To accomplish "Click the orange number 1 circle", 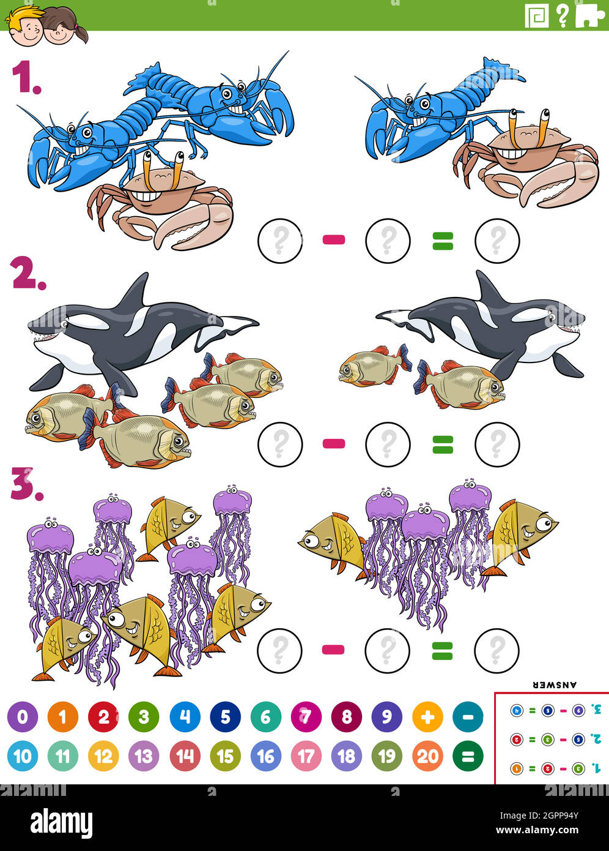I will (63, 716).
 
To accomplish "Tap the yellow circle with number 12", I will (103, 756).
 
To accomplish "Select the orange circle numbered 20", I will (427, 756).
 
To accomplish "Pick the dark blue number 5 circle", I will (225, 716).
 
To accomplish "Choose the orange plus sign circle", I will (427, 716).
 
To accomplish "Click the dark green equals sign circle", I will (468, 756).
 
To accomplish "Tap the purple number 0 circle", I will (23, 716).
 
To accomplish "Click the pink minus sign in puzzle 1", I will (334, 240).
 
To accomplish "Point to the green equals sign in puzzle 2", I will (443, 444).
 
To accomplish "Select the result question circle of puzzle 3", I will (496, 650).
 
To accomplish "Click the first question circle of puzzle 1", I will (280, 241).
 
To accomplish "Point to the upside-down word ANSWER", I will (555, 684).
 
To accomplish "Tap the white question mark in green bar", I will (563, 16).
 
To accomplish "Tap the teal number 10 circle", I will (23, 756).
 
